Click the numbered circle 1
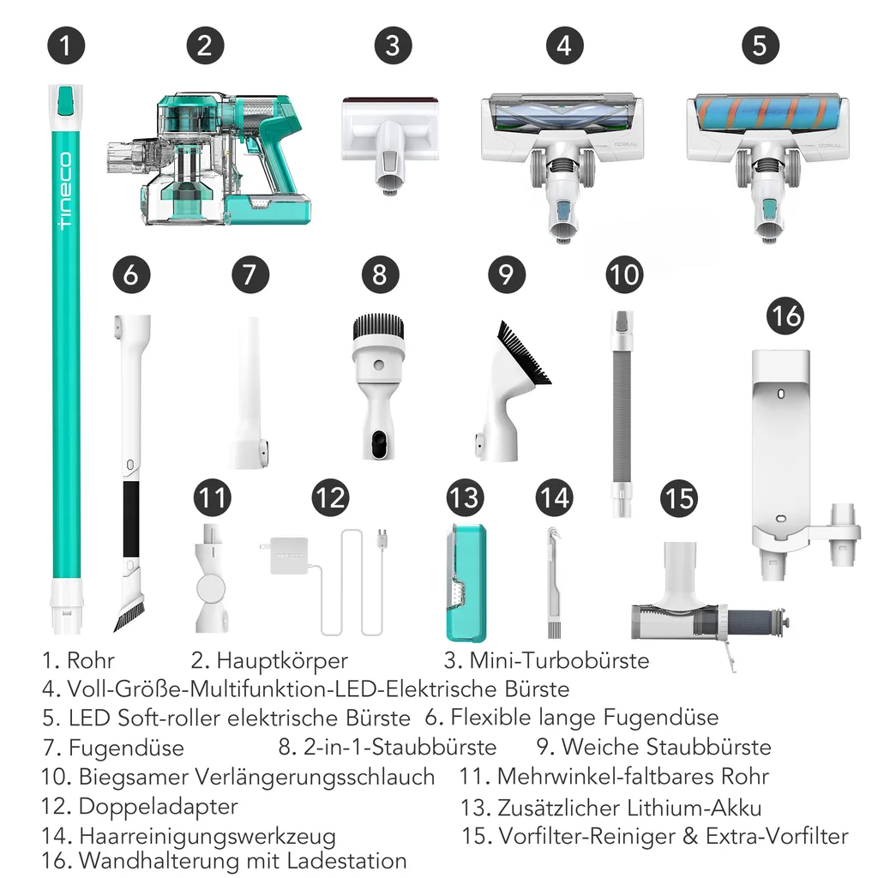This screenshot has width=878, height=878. point(66,45)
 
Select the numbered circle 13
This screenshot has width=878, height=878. point(465,497)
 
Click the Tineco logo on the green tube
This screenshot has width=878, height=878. point(65,193)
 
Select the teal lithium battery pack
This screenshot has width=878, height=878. point(466,583)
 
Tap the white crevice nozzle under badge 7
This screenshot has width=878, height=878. point(249,394)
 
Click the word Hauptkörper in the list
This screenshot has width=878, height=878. point(282,660)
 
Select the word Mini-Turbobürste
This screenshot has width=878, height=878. point(558,660)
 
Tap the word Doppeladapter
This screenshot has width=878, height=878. point(158,806)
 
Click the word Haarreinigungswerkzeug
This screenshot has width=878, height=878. point(207,835)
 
